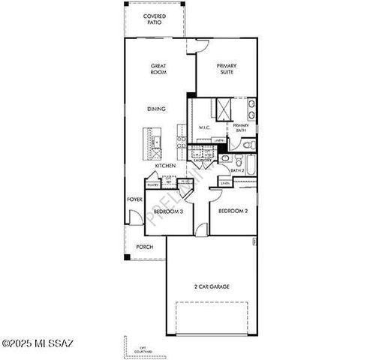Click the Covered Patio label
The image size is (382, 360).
click(x=155, y=19)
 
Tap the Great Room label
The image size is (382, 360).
click(x=158, y=70)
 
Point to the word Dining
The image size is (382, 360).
click(x=156, y=109)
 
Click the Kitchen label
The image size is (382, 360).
click(x=165, y=166)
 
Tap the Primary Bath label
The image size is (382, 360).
click(x=240, y=127)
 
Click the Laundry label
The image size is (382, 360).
click(x=203, y=160)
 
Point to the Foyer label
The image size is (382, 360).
click(x=134, y=199)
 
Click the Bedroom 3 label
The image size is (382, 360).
click(x=167, y=211)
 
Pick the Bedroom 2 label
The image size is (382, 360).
click(x=233, y=211)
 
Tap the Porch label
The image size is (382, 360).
click(x=144, y=247)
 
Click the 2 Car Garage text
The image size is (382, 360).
click(x=212, y=287)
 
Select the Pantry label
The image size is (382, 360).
click(x=152, y=184)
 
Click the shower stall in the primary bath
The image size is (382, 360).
click(x=223, y=109)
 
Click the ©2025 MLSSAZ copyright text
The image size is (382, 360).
click(x=38, y=343)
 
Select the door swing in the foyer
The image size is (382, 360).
click(x=134, y=217)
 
